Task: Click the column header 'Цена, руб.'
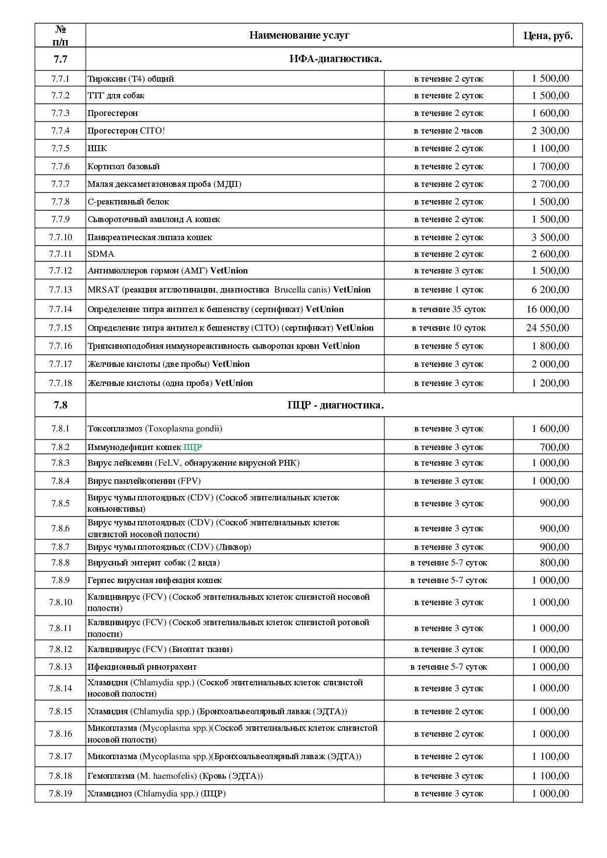(x=548, y=35)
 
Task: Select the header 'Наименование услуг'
(x=299, y=35)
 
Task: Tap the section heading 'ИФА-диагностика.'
(x=335, y=59)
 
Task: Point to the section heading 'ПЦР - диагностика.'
(x=335, y=405)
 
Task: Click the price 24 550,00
(x=548, y=328)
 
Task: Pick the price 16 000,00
(x=548, y=309)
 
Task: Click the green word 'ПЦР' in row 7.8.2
(x=192, y=447)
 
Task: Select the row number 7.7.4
(x=60, y=131)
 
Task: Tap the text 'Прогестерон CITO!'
(x=126, y=131)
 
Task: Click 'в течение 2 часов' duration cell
(x=448, y=131)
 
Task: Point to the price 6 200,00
(x=550, y=290)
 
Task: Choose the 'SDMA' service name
(x=101, y=254)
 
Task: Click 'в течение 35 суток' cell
(x=448, y=309)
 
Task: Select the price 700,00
(x=555, y=447)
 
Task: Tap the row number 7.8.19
(x=60, y=793)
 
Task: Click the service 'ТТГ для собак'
(x=116, y=95)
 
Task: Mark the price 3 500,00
(x=550, y=237)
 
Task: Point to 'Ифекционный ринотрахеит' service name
(x=142, y=667)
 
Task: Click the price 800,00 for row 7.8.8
(x=555, y=563)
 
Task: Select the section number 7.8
(x=60, y=405)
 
